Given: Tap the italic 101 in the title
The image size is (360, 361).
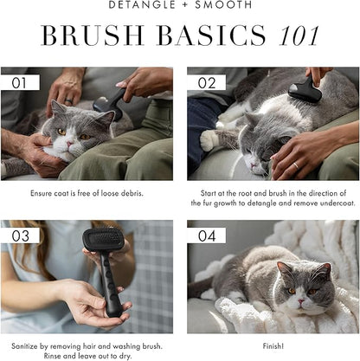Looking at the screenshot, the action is coord(299,35).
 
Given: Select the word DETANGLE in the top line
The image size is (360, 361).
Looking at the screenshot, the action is coord(139,4).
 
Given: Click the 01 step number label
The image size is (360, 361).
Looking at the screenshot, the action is coord(19,83).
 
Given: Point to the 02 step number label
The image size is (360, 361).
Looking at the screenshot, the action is coord(207,83).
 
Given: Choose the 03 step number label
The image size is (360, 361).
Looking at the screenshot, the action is coord(20,235).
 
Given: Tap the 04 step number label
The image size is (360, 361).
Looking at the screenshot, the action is coord(207,235).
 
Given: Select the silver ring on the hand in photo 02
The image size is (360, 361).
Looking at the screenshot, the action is coord(296,165).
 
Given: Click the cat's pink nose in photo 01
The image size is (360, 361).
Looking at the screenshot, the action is coord(70,144).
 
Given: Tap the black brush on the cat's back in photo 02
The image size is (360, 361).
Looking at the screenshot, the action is coord(305,91).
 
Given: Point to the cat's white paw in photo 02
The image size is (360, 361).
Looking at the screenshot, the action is coord(209,141).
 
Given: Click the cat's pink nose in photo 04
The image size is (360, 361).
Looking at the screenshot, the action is coord(301,301).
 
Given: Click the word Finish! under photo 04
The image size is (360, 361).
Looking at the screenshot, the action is coord(273,345).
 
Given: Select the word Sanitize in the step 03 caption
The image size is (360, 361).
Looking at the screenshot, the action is coord(24,345).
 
